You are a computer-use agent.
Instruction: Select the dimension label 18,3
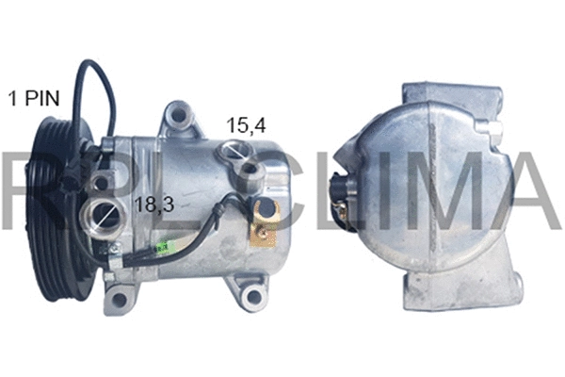pos(153,205)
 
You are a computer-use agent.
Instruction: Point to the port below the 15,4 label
pos(234,153)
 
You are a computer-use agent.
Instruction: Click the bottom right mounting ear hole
pos(250,298)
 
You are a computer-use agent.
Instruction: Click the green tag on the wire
pos(162,247)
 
